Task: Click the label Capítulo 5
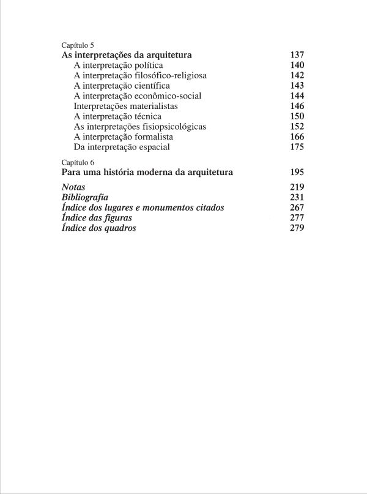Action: coord(78,45)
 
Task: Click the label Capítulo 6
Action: coord(78,162)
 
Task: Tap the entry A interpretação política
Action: coord(118,65)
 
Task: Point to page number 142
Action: coord(297,75)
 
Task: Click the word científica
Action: coord(147,86)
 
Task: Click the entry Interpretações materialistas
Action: coord(125,107)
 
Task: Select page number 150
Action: coord(297,116)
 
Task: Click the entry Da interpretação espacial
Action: coord(121,148)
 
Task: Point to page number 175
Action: coord(297,148)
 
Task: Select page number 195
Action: coord(297,173)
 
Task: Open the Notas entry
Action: coord(74,187)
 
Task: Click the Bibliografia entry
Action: coord(86,197)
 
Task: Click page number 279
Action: coord(297,228)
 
